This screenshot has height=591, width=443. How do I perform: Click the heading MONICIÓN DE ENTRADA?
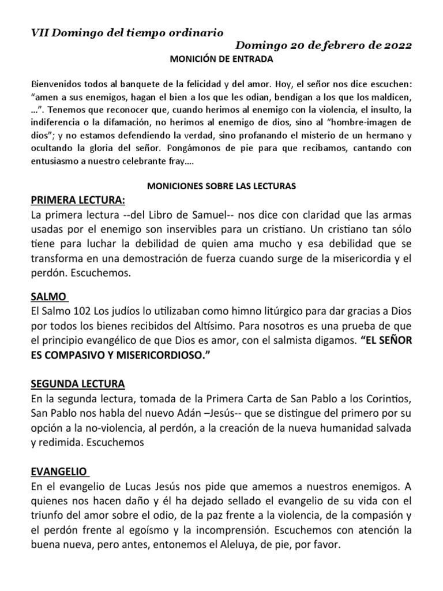click(220, 59)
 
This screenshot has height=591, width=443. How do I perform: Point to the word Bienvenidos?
click(57, 84)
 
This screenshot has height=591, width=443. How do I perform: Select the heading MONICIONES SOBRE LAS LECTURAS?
click(221, 186)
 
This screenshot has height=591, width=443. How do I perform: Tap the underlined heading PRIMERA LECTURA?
click(77, 200)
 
